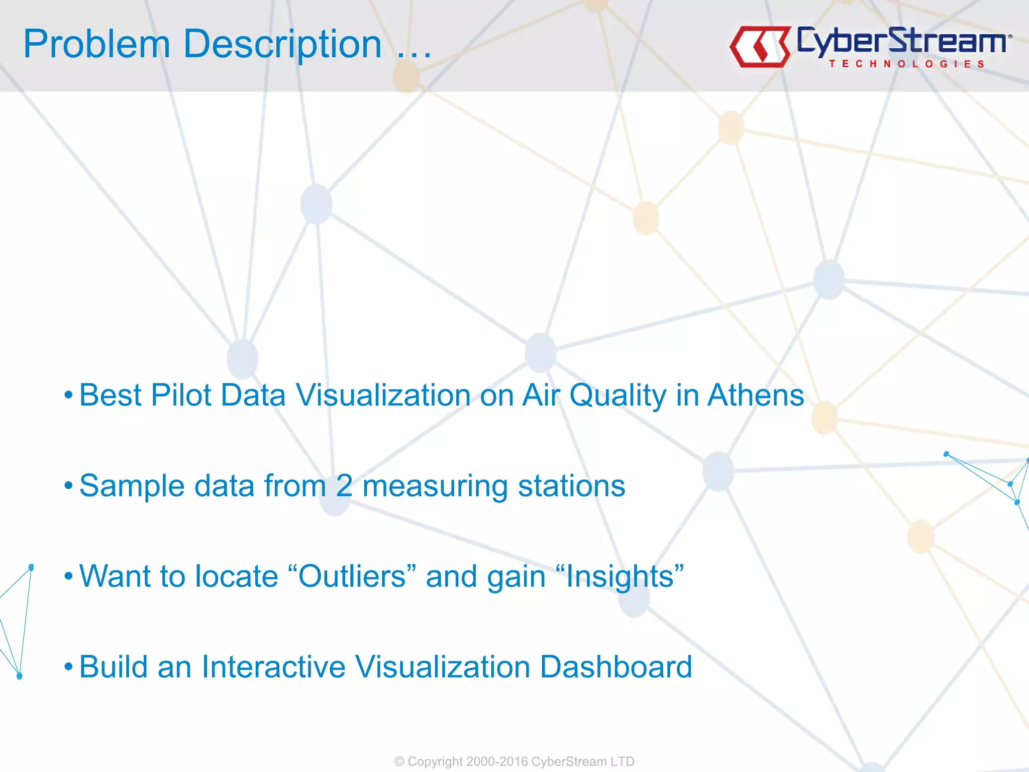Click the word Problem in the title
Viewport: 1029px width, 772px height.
[96, 44]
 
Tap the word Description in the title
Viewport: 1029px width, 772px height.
[282, 45]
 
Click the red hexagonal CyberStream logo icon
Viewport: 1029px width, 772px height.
[760, 47]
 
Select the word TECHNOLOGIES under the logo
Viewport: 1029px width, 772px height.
[906, 64]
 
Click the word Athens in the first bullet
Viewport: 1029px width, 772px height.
[756, 395]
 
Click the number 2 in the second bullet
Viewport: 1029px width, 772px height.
[344, 486]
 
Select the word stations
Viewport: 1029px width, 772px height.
[571, 486]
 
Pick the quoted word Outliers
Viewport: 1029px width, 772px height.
[352, 576]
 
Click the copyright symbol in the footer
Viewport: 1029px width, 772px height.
[399, 761]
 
